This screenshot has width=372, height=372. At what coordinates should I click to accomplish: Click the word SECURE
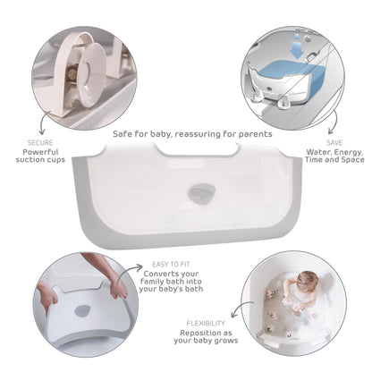[40, 142]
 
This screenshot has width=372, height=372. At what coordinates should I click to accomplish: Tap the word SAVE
[334, 142]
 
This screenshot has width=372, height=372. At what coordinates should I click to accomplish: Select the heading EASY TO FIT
[171, 264]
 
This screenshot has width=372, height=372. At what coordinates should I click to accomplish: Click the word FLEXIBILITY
[206, 323]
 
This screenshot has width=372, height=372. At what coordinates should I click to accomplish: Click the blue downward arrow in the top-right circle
[297, 47]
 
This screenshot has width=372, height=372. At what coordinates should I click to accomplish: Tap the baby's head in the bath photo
[307, 279]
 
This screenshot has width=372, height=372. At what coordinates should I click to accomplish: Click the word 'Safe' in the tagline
[123, 134]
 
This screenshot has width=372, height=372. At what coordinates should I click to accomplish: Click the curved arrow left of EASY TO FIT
[129, 271]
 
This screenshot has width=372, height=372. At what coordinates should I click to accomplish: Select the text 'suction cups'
[40, 160]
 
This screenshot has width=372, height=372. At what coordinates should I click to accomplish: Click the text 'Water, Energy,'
[334, 152]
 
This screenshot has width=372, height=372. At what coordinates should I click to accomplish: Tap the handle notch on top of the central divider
[197, 149]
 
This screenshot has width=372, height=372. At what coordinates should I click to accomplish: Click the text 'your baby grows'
[206, 341]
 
